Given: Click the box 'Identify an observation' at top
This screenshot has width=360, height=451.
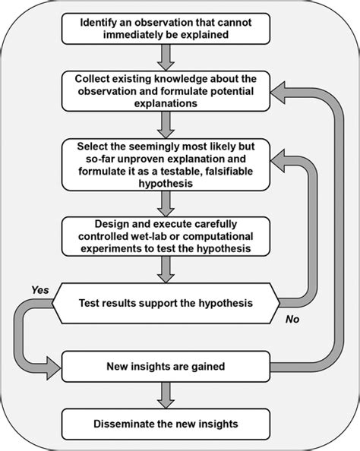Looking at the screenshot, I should (x=165, y=28).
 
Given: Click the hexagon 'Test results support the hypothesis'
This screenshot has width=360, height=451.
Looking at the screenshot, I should (x=165, y=303).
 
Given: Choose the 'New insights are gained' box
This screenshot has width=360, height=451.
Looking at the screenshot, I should (x=165, y=367).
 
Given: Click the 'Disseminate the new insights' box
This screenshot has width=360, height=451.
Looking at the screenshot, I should (x=165, y=422).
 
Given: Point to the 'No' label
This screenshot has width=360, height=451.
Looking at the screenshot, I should (x=292, y=319).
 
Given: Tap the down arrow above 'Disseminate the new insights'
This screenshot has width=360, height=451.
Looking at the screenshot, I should (x=165, y=396).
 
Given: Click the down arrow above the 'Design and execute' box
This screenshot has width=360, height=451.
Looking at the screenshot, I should (x=165, y=202).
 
